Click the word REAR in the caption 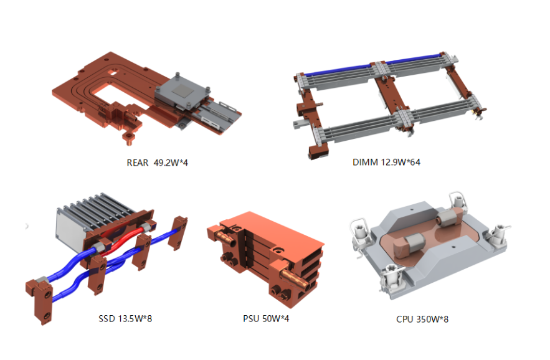coord(138,163)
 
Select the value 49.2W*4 coord(171,163)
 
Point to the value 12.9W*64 coord(401,162)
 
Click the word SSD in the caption coord(107,319)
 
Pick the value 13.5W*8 coord(135,319)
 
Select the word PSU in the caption coord(251,319)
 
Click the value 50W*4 coord(276,319)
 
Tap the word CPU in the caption coord(405,320)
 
